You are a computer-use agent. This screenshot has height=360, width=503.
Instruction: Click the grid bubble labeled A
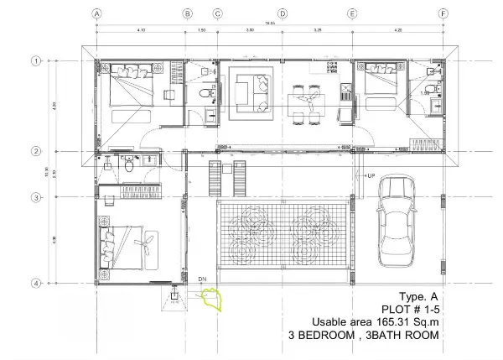pos(97,13)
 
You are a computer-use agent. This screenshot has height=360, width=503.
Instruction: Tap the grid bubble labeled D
pos(283,13)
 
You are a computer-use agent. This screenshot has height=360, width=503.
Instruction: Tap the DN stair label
pos(202,279)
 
